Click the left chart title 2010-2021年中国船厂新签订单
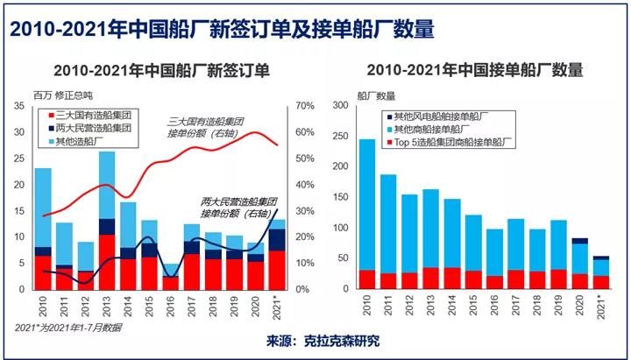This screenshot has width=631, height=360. coord(161,70)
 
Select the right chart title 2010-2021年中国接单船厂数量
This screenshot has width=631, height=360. coord(475,70)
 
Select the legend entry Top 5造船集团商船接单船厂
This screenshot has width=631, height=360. coord(449,140)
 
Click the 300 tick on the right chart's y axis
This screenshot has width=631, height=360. coord(340,106)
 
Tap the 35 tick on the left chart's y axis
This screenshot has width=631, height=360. coord(18,106)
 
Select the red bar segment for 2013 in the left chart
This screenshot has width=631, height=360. coord(107,262)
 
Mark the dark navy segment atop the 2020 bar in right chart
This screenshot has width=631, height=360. coord(580,240)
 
